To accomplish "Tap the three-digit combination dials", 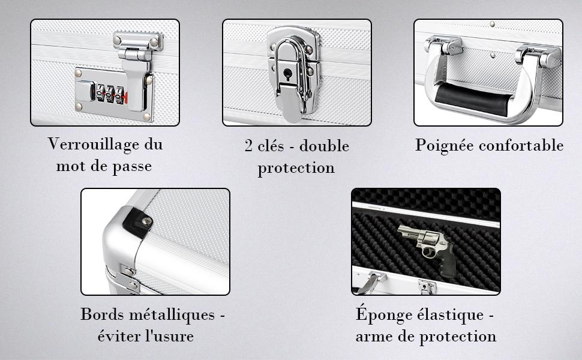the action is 110,94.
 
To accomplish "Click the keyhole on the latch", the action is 287,73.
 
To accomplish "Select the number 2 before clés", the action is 248,145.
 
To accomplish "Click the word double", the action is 324,145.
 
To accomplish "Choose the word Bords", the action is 102,314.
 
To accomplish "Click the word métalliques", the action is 172,314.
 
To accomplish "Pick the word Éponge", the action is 383,314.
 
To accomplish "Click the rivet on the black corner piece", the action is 147,221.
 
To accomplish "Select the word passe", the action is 132,167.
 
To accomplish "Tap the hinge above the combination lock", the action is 138,46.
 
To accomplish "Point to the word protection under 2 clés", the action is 296,168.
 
